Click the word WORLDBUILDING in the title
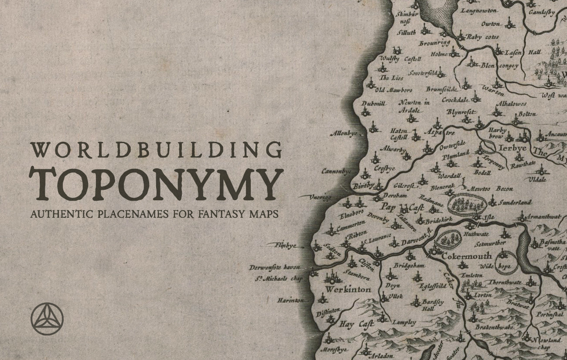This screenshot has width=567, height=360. tap(156, 150)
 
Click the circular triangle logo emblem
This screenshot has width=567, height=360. tap(47, 319)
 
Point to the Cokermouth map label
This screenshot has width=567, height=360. tap(466, 256)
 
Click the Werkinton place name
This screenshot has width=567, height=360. tap(348, 289)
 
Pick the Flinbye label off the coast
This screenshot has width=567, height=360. tap(286, 246)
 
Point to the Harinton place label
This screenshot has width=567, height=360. tap(290, 300)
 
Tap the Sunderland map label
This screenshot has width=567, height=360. tap(515, 202)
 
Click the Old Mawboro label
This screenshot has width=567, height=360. tap(394, 90)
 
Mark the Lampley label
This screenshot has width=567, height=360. tap(404, 322)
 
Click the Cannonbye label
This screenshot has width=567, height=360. tap(336, 171)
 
